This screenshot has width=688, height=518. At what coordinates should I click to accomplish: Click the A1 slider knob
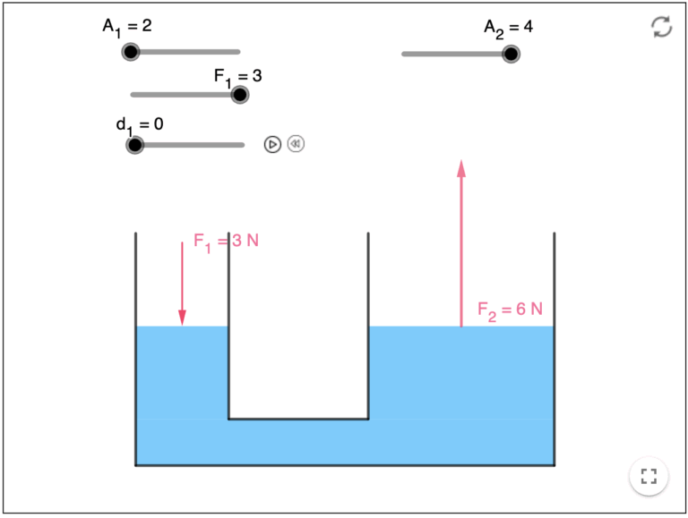[x=131, y=52]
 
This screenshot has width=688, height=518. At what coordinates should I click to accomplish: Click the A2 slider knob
[x=511, y=54]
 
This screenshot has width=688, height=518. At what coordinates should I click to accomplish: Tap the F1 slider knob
[x=239, y=94]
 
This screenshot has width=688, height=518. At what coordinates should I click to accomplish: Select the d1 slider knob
[x=134, y=144]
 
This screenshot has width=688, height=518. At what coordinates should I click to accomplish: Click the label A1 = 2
[x=126, y=27]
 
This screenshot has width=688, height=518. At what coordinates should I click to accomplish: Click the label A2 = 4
[x=508, y=28]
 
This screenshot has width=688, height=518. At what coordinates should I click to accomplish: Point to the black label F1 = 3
[x=237, y=76]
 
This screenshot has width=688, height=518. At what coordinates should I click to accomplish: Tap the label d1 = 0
[x=140, y=124]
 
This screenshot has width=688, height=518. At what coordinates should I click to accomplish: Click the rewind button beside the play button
[x=296, y=143]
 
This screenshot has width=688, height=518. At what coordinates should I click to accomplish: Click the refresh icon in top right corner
[x=661, y=27]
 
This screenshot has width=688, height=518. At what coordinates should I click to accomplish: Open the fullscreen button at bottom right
[x=649, y=476]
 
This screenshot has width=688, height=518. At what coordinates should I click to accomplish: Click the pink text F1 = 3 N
[x=226, y=242]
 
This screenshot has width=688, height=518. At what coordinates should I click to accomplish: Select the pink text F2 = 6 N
[x=510, y=310]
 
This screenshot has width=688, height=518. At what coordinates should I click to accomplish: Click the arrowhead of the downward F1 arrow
[x=182, y=318]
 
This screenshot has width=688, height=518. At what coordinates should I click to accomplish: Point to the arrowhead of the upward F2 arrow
[x=461, y=168]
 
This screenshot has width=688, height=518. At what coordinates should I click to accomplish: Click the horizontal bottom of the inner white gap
[x=298, y=418]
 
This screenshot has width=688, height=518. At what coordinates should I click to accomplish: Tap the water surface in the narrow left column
[x=182, y=327]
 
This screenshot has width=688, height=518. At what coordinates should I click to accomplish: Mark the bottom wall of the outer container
[x=345, y=464]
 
